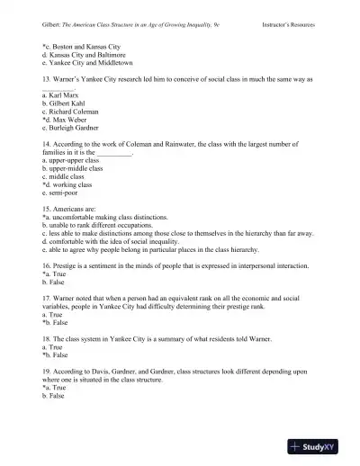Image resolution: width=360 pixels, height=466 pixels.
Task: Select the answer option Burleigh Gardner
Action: pos(69,139)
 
